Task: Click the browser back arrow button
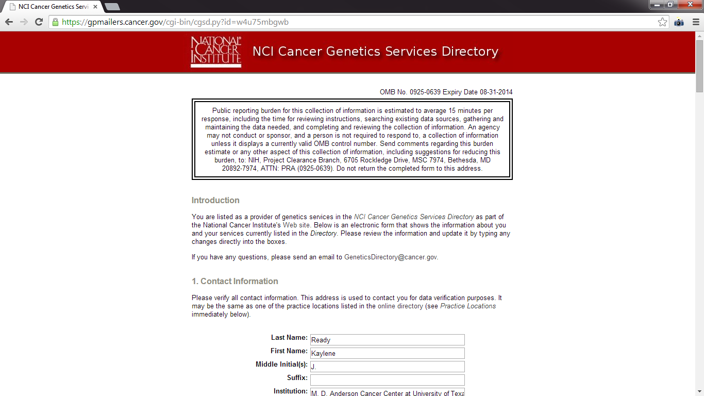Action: pos(9,22)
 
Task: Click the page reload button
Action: pos(39,22)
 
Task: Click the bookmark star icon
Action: pos(662,22)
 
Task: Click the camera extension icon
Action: pos(679,22)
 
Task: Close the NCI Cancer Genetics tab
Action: pos(95,7)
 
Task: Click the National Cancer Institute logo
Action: pos(216,52)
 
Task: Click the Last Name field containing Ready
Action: pos(387,340)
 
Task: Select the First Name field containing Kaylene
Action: pos(387,353)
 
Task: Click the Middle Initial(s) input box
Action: pos(387,367)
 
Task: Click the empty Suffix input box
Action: pos(387,380)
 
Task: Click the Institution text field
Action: pos(387,392)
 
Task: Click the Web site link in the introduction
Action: pos(296,225)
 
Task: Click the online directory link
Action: pos(400,306)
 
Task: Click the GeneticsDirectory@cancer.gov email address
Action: pos(391,257)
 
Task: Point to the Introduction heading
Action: pos(215,201)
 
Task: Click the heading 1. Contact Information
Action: pos(234,282)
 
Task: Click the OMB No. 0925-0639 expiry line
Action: pos(446,92)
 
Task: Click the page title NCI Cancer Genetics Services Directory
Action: pos(375,52)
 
